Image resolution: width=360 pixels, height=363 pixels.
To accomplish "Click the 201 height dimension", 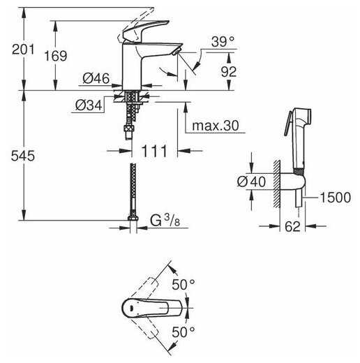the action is point(23,50).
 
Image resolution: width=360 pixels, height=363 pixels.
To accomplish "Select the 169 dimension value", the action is point(56,56).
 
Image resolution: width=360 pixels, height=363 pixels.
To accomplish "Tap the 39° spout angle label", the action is point(223,42).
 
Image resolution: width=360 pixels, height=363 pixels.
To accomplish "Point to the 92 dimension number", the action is point(229,72).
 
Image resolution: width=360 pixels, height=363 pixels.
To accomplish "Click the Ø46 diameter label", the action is point(96,78).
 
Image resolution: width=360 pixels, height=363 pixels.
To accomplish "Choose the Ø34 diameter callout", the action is point(89,105).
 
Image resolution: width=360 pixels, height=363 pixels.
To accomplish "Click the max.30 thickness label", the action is point(216,126).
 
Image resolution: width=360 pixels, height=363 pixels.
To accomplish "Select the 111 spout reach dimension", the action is point(154,151).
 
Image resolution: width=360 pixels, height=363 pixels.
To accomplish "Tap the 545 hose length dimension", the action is point(23,156).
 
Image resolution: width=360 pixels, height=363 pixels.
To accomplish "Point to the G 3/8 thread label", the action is point(165,221).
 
